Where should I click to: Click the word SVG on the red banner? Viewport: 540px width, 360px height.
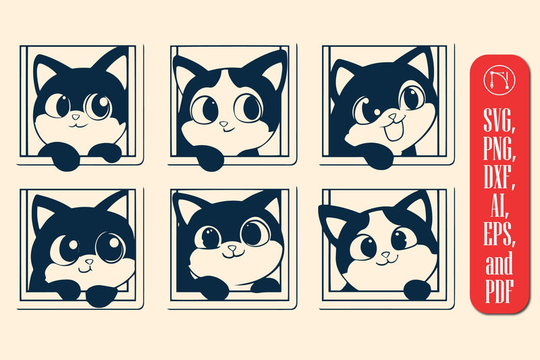[x=499, y=120]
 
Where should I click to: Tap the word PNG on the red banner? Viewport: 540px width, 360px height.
[x=499, y=149]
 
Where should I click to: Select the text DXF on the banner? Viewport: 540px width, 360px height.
[x=499, y=177]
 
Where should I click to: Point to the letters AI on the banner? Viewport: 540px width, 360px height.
[x=499, y=205]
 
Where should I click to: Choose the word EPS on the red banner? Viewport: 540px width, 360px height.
[x=499, y=234]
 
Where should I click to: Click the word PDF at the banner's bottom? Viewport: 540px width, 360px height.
[x=500, y=291]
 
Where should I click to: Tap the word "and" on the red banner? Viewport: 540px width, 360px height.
[x=499, y=263]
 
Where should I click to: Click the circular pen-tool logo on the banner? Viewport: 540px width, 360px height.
[x=499, y=80]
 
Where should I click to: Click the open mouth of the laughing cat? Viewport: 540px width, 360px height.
[x=394, y=131]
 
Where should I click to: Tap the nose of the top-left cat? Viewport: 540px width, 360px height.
[x=76, y=117]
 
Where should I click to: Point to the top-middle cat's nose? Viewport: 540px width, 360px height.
[x=224, y=124]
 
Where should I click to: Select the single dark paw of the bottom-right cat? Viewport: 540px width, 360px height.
[x=417, y=290]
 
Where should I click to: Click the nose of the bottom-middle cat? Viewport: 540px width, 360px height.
[x=232, y=248]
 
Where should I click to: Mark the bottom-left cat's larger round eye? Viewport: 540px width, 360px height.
[x=110, y=247]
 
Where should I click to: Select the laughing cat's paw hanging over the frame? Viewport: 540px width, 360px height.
[x=379, y=157]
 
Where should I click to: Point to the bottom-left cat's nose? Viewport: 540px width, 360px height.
[x=89, y=262]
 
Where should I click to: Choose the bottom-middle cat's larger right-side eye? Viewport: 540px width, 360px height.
[x=255, y=233]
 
